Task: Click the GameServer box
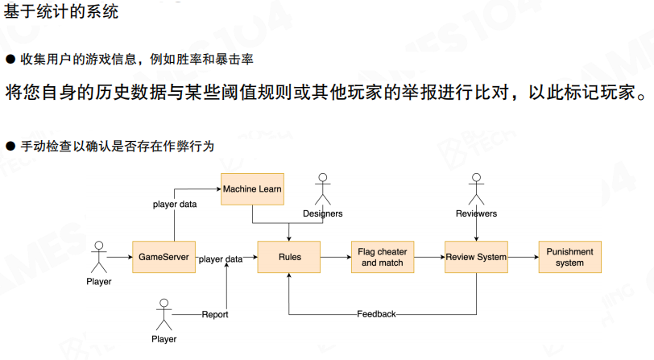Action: point(163,257)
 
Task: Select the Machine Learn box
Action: point(252,189)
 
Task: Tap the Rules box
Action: point(289,257)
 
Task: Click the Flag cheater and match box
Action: point(382,257)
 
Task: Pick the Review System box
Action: point(476,257)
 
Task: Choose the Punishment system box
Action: point(569,257)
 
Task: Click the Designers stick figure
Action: point(323,190)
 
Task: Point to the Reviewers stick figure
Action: point(476,190)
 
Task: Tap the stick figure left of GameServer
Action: point(99,257)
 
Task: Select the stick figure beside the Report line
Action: point(164,315)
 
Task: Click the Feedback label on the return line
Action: point(376,313)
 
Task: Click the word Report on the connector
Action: point(215,313)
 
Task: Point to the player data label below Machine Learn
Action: point(175,204)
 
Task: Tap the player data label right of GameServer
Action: point(221,259)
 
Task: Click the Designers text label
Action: point(323,213)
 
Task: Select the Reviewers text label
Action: point(476,213)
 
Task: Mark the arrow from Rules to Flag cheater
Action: point(336,257)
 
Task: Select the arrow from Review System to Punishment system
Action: point(524,257)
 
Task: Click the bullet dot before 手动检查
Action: point(10,146)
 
